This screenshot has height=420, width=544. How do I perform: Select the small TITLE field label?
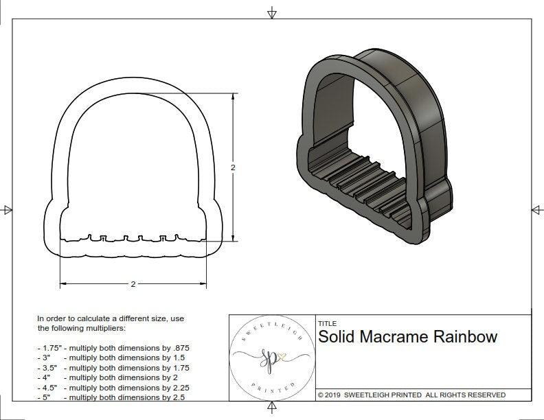click(327, 323)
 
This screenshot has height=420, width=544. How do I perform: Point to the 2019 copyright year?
click(334, 395)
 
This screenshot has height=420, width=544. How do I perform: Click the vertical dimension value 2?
click(234, 167)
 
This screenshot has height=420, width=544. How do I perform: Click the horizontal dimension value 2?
click(132, 283)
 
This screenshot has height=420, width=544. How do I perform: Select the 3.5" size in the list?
click(47, 368)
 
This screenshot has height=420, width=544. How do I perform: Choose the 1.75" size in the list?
click(48, 348)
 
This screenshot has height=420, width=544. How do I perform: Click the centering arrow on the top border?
click(272, 12)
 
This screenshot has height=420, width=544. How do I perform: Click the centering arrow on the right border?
click(536, 209)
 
